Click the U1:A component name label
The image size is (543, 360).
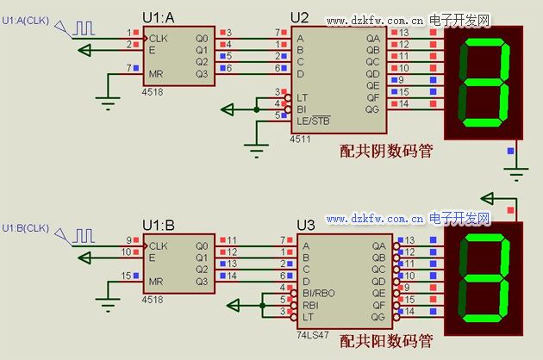point(159,18)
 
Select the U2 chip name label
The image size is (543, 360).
point(299,16)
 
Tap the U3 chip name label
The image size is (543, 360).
point(305,225)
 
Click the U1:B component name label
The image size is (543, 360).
point(159,225)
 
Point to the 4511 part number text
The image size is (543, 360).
point(300,138)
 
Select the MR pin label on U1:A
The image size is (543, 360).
point(156,74)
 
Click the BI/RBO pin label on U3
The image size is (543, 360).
point(318,293)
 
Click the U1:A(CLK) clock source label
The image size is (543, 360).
point(26,19)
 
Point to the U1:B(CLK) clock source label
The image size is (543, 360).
point(26,228)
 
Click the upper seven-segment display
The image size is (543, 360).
point(484,82)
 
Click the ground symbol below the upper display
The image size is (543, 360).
point(515,175)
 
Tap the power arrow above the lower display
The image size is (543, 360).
point(490,198)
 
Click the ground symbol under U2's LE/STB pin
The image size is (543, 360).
point(258,152)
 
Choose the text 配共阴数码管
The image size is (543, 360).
point(386,152)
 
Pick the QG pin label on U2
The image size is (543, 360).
point(372,109)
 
